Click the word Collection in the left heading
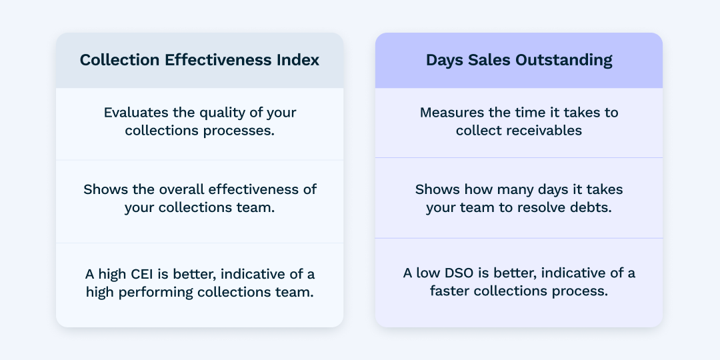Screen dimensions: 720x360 pyautogui.click(x=120, y=60)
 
